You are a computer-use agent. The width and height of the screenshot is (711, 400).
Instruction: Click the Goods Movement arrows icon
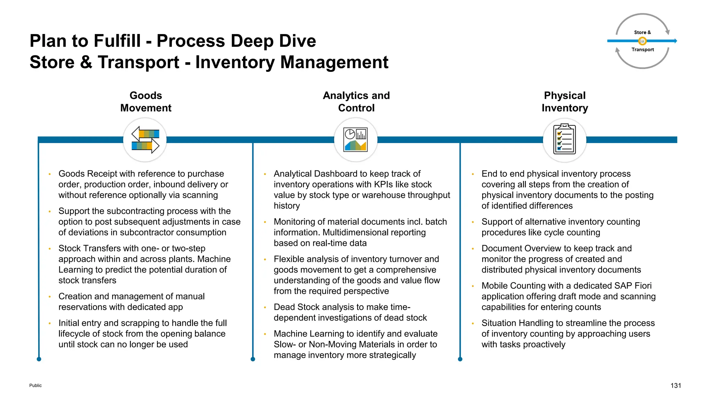coord(145,140)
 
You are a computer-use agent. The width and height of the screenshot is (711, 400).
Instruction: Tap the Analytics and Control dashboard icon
coord(355,140)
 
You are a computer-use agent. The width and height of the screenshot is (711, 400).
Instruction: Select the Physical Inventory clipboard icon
coord(564,140)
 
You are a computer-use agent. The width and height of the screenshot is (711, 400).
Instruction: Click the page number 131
coord(676,385)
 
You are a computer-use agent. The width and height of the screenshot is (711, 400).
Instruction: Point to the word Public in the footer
coord(35,385)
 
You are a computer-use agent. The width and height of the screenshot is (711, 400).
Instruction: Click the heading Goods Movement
coord(146,102)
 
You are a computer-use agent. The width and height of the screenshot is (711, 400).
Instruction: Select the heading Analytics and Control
coord(356,102)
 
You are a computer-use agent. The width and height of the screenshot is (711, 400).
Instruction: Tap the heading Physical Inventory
coord(564,102)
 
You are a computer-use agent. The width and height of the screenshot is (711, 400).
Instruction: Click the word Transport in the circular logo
coord(643,50)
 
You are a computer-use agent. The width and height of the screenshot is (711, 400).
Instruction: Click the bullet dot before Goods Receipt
coord(50,174)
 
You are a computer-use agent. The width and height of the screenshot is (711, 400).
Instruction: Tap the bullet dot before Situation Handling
coord(473,323)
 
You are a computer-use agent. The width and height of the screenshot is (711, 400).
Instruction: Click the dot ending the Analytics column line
coord(253,359)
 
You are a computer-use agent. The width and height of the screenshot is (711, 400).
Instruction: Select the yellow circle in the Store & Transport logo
coord(642,41)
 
